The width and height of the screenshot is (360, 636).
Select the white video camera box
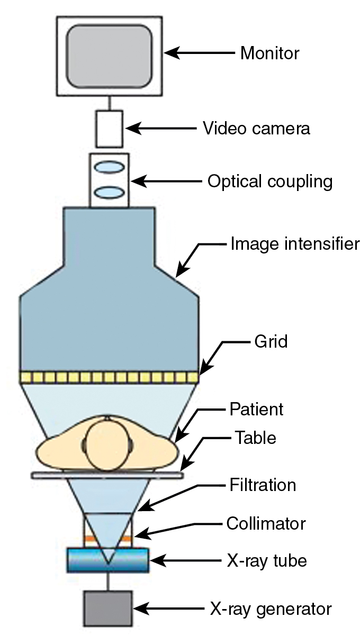pos(110,129)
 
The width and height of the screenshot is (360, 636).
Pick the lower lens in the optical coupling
pos(110,191)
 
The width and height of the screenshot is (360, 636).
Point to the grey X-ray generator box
pos(108,608)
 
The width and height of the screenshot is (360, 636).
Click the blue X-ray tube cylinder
pos(108,560)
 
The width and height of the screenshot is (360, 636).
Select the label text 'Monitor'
pos(269,53)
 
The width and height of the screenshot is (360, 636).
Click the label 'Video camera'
pos(257,129)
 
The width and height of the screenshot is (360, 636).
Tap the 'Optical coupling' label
pos(270,182)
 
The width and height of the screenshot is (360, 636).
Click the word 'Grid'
pos(270,342)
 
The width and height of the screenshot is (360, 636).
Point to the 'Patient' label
pos(257,409)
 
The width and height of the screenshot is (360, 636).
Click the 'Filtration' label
pos(263,485)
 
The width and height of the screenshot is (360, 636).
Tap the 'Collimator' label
pos(266,524)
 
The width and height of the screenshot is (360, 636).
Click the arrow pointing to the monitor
pos(199,53)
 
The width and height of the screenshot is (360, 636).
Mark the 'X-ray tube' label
pos(263,560)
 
